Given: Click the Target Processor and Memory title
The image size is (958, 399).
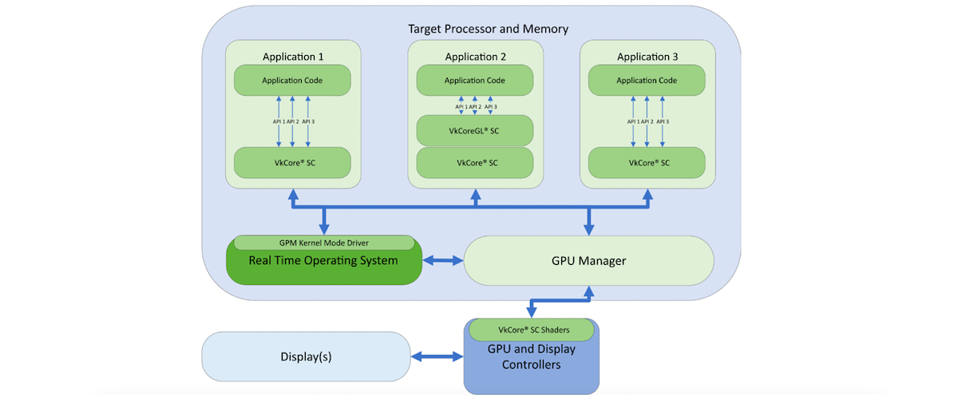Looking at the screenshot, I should (x=488, y=29).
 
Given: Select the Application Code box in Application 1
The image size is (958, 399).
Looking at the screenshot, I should (x=292, y=81).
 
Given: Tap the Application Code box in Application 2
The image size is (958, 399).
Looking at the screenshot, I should (x=475, y=81).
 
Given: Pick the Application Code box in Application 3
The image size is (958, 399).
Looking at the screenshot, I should (x=647, y=81).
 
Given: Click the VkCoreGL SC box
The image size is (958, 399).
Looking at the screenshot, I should (x=475, y=130).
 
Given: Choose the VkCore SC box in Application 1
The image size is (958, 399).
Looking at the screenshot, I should (x=292, y=163).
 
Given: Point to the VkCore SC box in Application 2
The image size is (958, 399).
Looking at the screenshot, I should (x=475, y=163).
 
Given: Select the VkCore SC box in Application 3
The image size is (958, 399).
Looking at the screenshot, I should (x=647, y=163).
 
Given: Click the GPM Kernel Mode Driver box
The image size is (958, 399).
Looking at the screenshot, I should (x=323, y=243).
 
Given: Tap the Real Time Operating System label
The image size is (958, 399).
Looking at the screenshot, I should (x=323, y=260).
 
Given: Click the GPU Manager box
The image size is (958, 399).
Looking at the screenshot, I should (x=588, y=261).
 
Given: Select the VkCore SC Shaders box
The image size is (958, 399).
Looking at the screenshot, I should (x=532, y=329).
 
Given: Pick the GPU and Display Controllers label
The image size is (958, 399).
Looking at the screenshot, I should (x=532, y=358).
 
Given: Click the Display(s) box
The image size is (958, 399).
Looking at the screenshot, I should (x=306, y=357).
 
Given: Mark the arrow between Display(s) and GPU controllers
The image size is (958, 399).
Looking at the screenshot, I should (x=437, y=358).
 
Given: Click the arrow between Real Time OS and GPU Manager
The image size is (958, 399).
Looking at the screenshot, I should (x=442, y=261).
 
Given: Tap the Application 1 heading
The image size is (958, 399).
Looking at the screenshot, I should (x=292, y=57).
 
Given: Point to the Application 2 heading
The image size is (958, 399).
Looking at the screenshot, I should (x=475, y=57).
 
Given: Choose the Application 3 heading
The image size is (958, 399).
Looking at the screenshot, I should (x=647, y=57).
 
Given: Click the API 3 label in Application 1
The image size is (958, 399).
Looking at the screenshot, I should (x=308, y=121).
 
